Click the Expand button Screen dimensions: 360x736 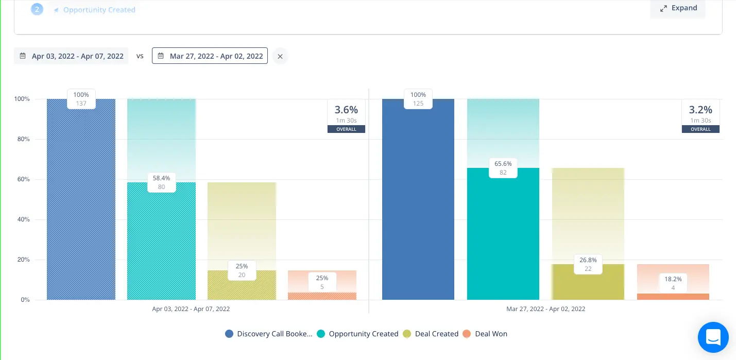678,8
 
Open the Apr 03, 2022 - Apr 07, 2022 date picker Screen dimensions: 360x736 72,56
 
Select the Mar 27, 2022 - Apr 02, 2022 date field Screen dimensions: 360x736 210,56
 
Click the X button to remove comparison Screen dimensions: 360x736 280,56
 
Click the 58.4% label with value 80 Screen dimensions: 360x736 161,182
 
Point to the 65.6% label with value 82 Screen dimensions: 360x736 503,168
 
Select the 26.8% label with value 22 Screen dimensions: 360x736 588,264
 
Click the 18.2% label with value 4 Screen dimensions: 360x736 673,283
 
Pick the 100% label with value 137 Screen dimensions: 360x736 81,99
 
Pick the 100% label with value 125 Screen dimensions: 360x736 418,99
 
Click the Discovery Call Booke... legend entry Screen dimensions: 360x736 269,334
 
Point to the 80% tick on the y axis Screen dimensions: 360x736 22,139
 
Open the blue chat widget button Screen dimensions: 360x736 713,337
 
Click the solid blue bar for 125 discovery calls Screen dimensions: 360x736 418,206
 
